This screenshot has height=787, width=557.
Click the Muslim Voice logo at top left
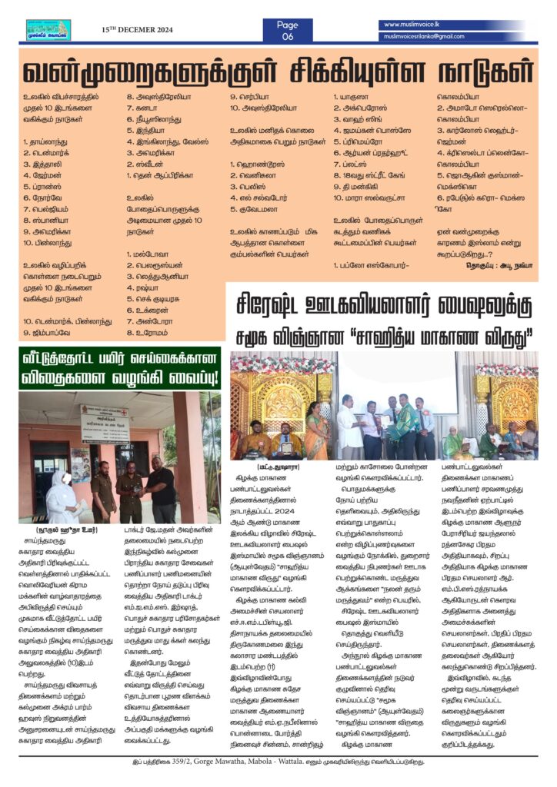point(48,29)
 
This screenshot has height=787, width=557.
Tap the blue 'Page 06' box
point(287,30)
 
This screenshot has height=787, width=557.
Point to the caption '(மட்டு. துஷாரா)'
point(272,467)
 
